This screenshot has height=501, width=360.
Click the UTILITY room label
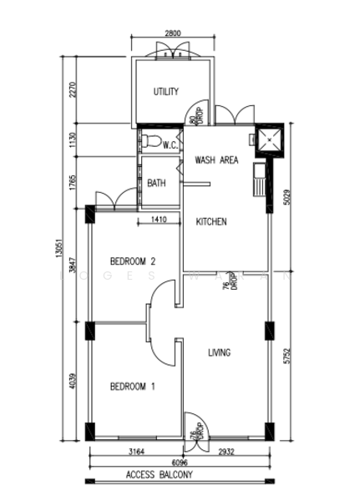coord(166,92)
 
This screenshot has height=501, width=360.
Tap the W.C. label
coord(170,144)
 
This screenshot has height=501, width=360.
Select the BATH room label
coord(156,183)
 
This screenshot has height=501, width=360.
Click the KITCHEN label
coord(211,221)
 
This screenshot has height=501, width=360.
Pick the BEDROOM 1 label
coord(133,387)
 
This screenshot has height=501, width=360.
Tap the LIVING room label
coord(219,353)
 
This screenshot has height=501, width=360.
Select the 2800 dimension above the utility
coord(172,34)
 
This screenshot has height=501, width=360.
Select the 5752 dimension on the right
coord(286,357)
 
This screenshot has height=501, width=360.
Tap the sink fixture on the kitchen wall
coord(261,179)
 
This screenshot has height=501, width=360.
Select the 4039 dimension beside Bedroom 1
coord(73,384)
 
